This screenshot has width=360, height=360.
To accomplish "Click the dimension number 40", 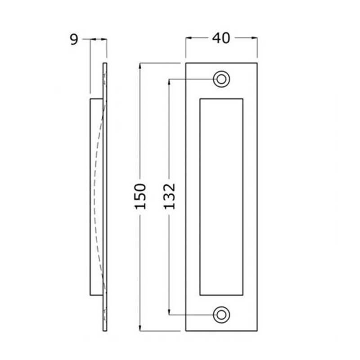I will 221,39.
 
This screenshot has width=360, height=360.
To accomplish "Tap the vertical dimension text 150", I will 141,196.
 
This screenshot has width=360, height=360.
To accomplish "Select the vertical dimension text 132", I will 169,196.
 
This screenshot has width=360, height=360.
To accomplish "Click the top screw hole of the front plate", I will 221,79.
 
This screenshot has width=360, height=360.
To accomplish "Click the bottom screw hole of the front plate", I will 221,315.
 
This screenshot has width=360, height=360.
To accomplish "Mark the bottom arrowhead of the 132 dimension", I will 169,312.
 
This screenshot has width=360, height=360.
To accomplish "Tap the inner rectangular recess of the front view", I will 221,197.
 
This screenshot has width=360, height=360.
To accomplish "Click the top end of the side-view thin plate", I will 105,64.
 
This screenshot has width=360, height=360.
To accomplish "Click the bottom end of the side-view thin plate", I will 105,330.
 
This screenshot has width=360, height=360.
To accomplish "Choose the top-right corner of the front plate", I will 257,63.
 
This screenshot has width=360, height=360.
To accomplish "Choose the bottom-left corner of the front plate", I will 186,331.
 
